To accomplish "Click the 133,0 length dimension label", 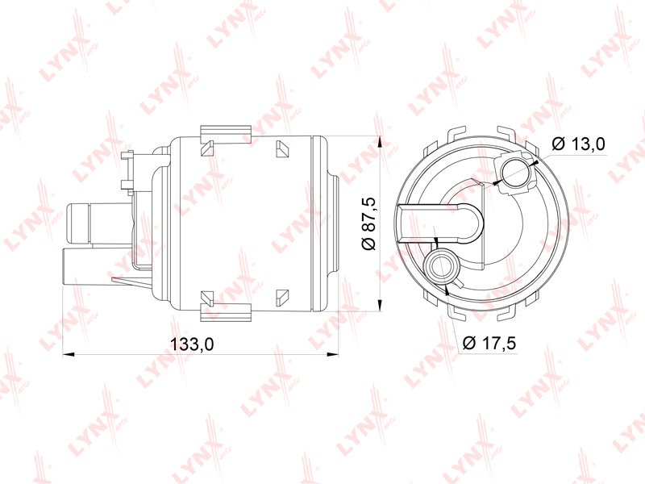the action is [x=192, y=344].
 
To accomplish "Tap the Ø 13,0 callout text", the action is [x=579, y=144].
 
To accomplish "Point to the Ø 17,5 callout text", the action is [x=489, y=342].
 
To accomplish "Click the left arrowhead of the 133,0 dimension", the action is [x=68, y=354].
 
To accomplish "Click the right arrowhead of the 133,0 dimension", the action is [x=332, y=354].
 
